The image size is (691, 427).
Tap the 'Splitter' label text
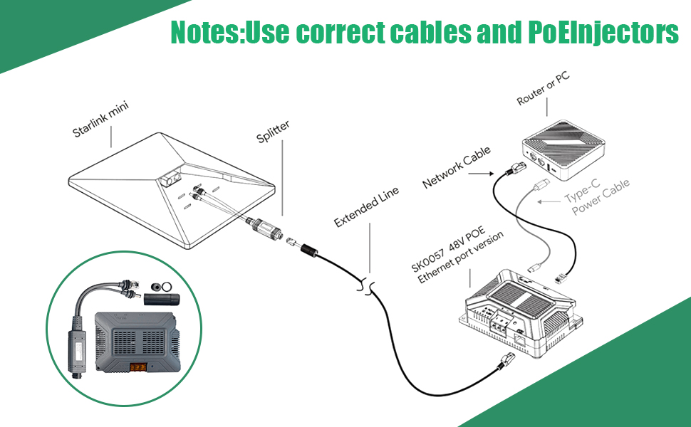[x=273, y=132]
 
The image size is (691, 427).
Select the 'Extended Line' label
[x=366, y=207]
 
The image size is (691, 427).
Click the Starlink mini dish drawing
[x=171, y=192]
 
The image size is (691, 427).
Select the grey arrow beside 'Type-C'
[x=548, y=202]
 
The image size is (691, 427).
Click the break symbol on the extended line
[x=368, y=287]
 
